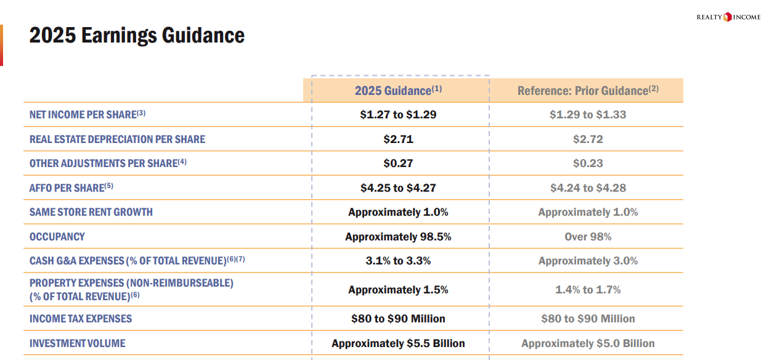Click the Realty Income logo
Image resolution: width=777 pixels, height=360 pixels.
click(x=728, y=17)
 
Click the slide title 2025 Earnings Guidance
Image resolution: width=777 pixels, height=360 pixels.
click(x=137, y=35)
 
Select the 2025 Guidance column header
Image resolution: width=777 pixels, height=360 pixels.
click(x=398, y=90)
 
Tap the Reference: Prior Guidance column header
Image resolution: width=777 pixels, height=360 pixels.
click(x=588, y=90)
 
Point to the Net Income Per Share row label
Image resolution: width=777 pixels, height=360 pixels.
click(x=87, y=114)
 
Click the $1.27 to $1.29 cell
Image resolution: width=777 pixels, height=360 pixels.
click(x=398, y=115)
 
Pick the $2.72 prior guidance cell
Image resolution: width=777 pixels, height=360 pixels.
click(x=588, y=139)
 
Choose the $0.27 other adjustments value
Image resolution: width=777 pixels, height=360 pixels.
click(x=398, y=163)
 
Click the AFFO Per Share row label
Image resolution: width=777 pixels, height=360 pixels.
click(x=71, y=187)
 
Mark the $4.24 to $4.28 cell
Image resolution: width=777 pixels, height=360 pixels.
click(x=588, y=188)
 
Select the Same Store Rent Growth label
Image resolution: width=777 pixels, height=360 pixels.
click(x=91, y=212)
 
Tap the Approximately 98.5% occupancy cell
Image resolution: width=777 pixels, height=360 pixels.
click(x=398, y=237)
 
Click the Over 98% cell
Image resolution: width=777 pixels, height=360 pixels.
click(x=588, y=237)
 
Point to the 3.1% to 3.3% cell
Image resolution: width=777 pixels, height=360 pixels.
click(x=398, y=261)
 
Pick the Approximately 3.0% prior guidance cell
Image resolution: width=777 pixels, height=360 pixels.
click(x=588, y=261)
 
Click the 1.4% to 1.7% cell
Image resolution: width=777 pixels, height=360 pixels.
click(x=588, y=290)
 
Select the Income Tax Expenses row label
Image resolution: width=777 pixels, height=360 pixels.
click(x=81, y=319)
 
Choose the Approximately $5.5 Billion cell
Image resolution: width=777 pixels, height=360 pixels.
click(x=398, y=343)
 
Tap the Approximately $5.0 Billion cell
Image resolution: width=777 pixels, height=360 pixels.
click(x=588, y=343)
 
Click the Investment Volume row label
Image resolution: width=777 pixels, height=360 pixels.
click(x=78, y=343)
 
